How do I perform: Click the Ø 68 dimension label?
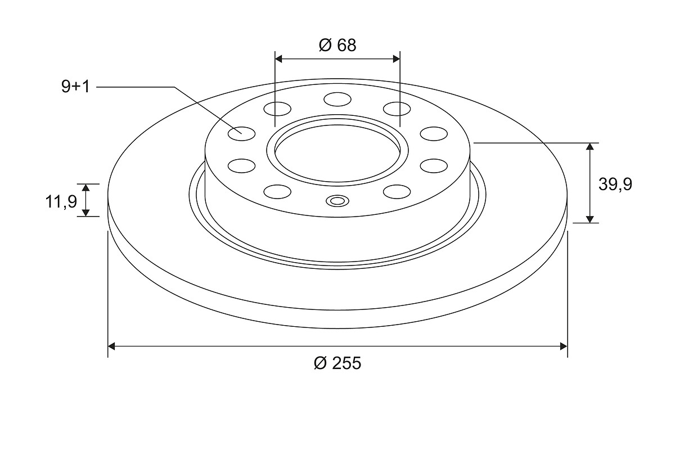click(x=337, y=45)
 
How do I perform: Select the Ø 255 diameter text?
click(x=337, y=363)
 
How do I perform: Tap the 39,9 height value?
click(x=615, y=184)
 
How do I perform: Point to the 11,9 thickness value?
click(x=61, y=201)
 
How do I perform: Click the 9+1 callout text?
click(x=75, y=87)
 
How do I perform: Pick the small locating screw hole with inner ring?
click(x=337, y=201)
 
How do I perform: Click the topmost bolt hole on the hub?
click(x=337, y=99)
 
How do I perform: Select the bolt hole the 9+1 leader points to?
click(x=242, y=133)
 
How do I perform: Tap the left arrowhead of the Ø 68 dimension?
click(x=278, y=59)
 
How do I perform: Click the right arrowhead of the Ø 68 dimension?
click(x=396, y=59)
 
